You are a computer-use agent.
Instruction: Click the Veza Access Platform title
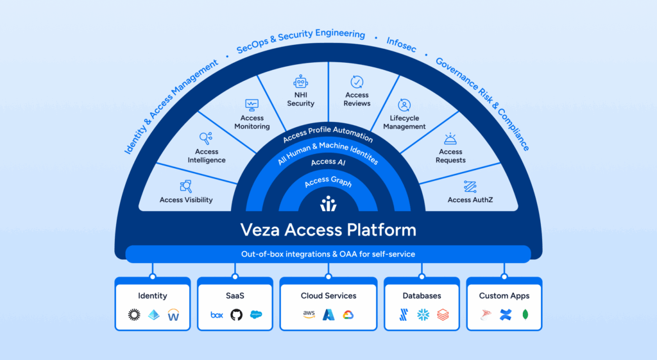click(328, 229)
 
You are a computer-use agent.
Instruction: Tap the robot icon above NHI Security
click(300, 82)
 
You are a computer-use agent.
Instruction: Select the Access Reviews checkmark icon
click(357, 82)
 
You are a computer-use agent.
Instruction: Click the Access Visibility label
click(186, 200)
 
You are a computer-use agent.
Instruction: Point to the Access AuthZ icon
click(470, 186)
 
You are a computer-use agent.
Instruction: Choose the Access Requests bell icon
click(450, 139)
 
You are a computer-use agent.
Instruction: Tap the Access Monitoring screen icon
click(252, 105)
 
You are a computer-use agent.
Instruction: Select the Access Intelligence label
click(207, 156)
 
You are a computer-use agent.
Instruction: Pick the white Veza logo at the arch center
click(328, 203)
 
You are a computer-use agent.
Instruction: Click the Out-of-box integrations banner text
click(328, 254)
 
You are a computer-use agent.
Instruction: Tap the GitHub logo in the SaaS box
click(236, 315)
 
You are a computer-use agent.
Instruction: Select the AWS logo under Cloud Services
click(309, 315)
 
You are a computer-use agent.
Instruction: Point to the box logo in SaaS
click(217, 315)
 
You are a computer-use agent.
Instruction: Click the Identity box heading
click(153, 296)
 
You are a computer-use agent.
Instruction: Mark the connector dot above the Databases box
click(422, 277)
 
